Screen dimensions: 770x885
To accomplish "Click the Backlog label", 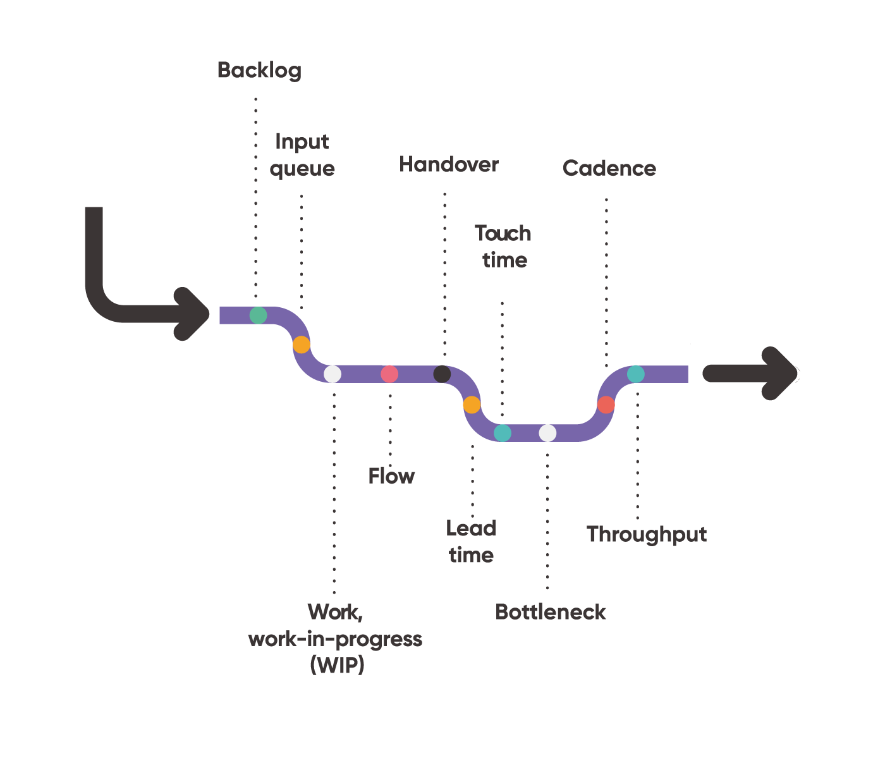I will coord(259,70).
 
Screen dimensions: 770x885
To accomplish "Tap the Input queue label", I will coord(302,156).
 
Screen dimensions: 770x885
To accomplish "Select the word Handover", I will coord(449,165).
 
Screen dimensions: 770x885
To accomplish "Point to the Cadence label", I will coord(609,169).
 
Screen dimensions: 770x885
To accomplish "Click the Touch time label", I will coord(503,247).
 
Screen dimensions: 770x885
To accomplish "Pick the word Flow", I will coord(391,476).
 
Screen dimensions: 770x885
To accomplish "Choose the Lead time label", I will coord(471,542).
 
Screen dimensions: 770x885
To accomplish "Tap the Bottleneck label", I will coord(550,612).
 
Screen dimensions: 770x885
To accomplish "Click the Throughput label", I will coord(646,535).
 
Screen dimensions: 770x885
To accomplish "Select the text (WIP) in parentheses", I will coord(338,666).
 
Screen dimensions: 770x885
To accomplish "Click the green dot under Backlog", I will coord(258,315).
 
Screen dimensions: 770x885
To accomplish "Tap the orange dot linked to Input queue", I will coord(302,345).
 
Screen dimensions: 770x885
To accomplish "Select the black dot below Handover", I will coord(442,374).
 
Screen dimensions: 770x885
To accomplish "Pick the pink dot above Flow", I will coord(389,374).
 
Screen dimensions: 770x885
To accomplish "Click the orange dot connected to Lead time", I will coord(472,405).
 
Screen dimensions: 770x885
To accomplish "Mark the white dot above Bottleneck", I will coord(547,433).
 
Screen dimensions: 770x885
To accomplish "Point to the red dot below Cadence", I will coord(606,405).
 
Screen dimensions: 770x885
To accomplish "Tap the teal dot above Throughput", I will coord(635,374).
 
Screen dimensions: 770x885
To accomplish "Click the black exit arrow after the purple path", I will coord(752,374).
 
